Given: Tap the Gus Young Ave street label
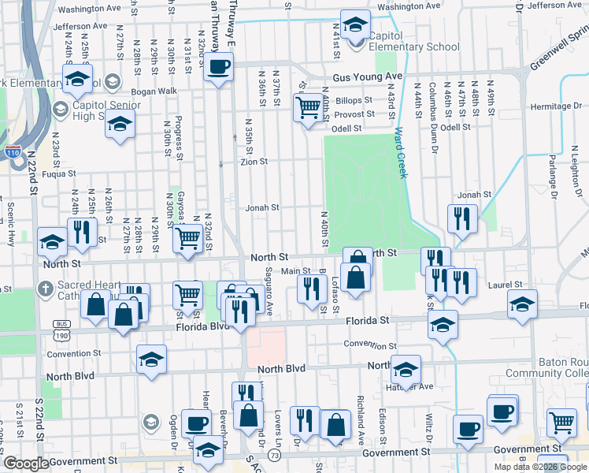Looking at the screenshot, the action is point(367,76).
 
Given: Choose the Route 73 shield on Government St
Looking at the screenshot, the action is point(273,456).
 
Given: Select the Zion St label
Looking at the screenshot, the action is point(254,162).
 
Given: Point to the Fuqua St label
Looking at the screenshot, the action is point(58,174).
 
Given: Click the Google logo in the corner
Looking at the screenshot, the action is point(26,464).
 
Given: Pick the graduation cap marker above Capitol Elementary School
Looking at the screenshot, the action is point(355,24).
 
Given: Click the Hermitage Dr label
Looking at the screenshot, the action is point(559,106).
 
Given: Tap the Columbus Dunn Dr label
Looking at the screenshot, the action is point(433,106).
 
